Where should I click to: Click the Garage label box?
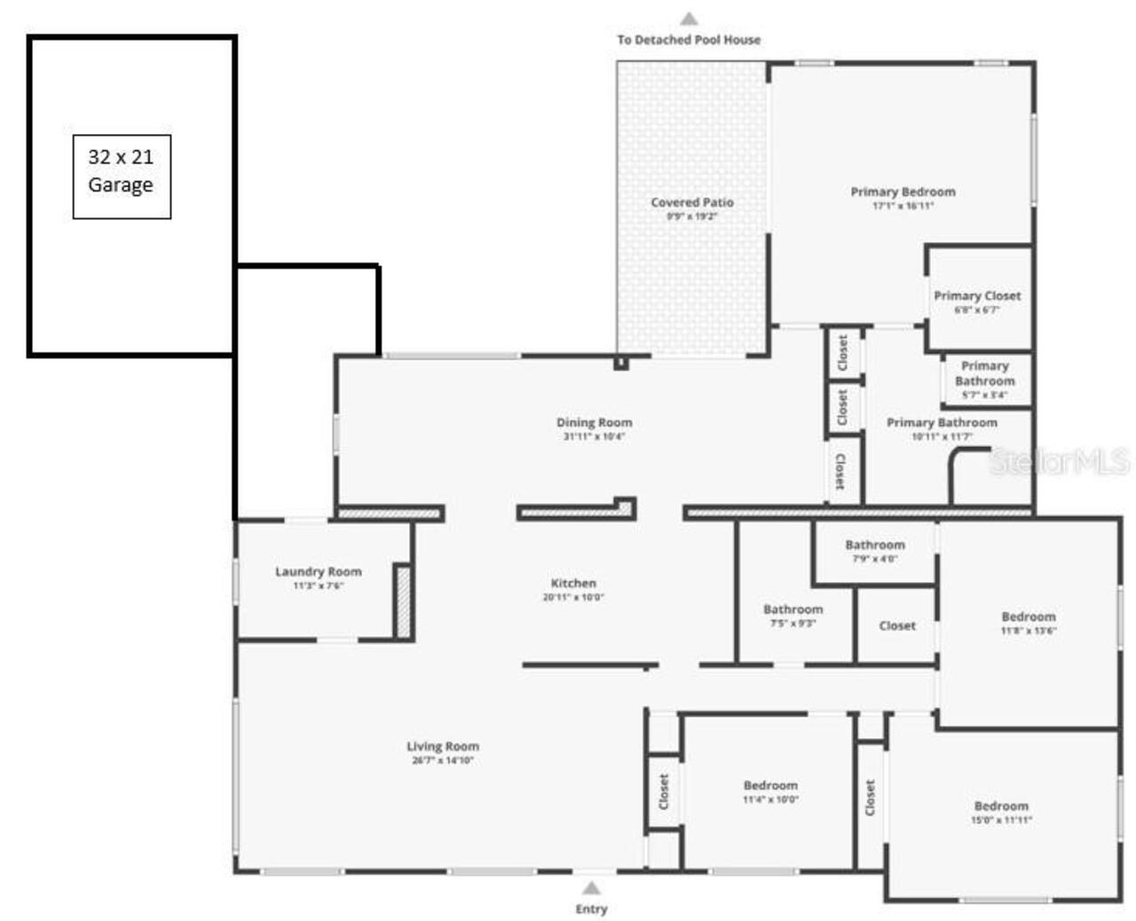[122, 177]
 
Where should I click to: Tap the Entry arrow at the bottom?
[591, 888]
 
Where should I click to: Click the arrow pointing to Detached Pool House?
[689, 19]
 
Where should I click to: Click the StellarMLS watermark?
[1060, 461]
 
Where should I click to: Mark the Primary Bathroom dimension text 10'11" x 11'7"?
[942, 437]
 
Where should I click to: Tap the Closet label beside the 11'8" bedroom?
[896, 626]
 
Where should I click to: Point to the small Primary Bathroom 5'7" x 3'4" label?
[984, 379]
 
